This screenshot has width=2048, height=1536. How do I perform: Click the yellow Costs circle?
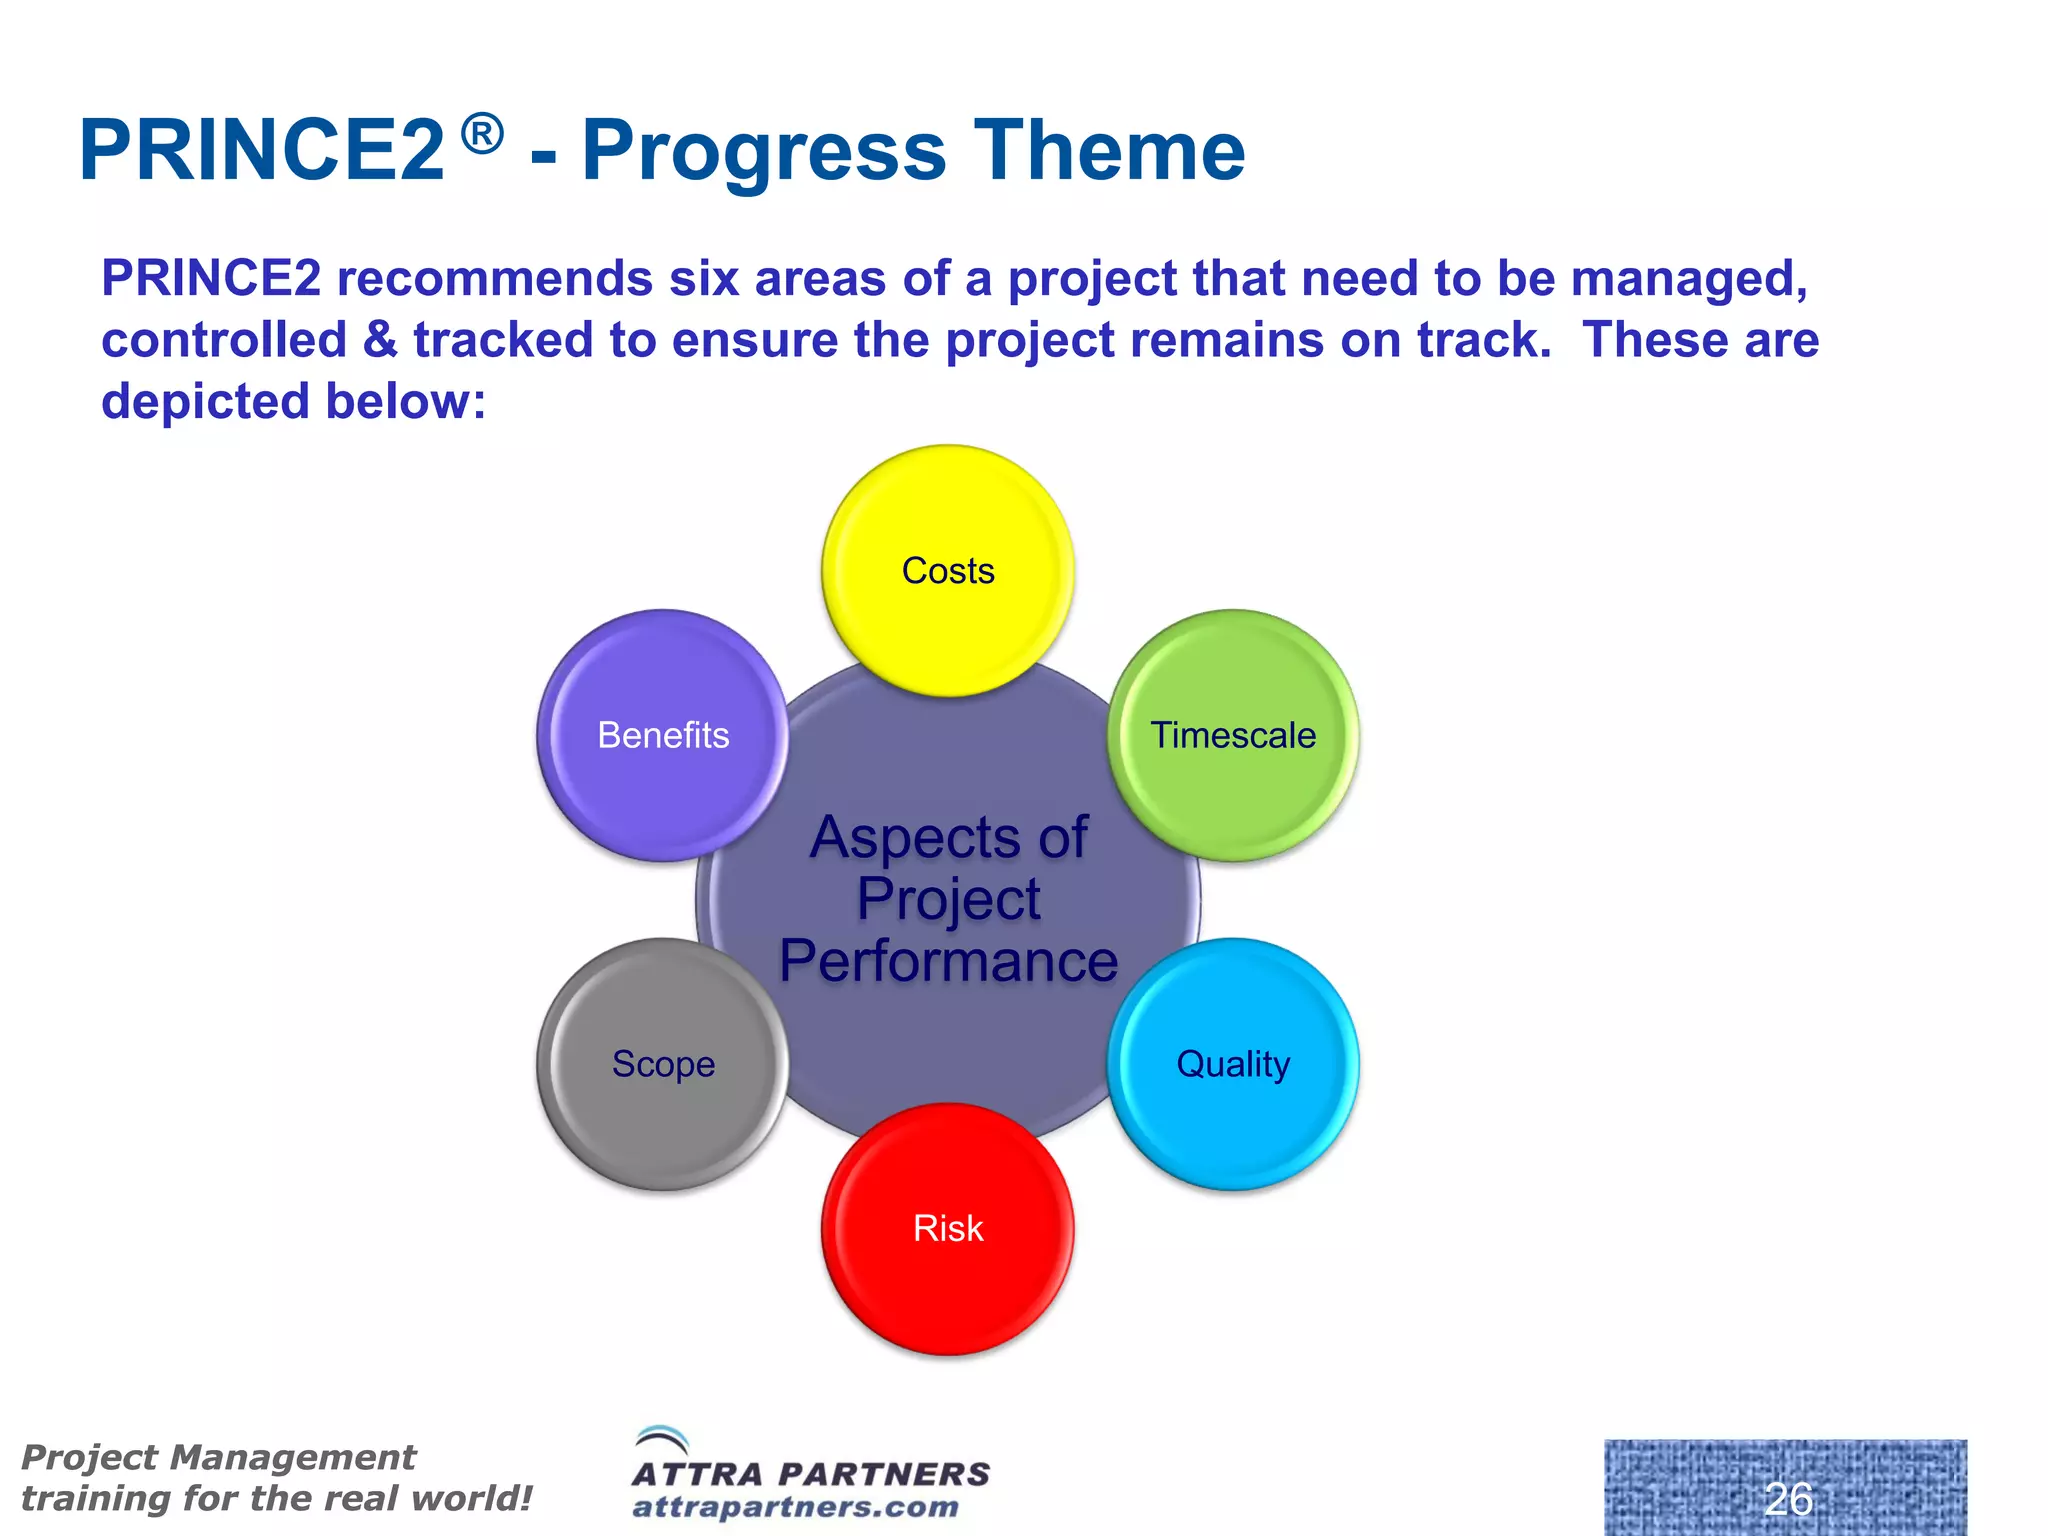[x=948, y=571]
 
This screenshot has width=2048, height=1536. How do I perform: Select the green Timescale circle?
[x=1233, y=735]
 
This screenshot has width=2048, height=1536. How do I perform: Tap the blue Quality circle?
[x=1233, y=1064]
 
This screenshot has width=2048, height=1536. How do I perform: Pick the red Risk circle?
[x=948, y=1229]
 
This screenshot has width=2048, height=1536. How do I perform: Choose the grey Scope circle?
[x=663, y=1064]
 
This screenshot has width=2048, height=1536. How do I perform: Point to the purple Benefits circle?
[x=663, y=735]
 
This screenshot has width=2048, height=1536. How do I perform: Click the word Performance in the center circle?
[x=948, y=962]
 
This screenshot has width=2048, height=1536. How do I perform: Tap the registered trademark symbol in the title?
[x=483, y=134]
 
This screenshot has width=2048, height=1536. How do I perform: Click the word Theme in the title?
[x=1110, y=151]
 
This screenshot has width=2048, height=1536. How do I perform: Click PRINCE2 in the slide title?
[x=262, y=151]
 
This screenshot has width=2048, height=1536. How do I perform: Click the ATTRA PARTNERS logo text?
[x=811, y=1474]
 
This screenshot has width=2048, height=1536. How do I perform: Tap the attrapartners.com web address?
[x=796, y=1507]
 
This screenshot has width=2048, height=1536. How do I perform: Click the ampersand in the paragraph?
[x=380, y=340]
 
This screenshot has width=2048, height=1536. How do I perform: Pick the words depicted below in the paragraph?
[x=292, y=402]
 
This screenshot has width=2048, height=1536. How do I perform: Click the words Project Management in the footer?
[x=218, y=1457]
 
